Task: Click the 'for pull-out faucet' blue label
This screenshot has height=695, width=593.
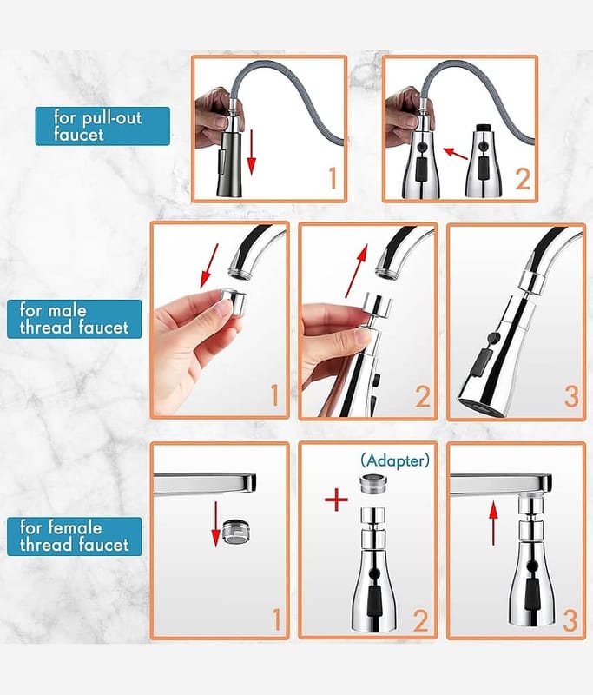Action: click(x=102, y=126)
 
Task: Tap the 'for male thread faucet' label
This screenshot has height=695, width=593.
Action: click(x=75, y=319)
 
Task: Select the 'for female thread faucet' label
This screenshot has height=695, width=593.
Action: click(x=75, y=536)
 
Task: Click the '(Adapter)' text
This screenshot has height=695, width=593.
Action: click(x=395, y=461)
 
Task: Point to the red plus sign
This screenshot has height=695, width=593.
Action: click(x=337, y=500)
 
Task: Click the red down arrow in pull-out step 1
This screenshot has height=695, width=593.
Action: click(x=251, y=152)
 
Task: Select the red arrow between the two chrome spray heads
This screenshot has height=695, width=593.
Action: click(x=456, y=154)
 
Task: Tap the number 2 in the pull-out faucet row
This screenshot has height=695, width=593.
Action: click(x=523, y=179)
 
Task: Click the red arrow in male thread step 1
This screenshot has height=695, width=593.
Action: click(x=209, y=266)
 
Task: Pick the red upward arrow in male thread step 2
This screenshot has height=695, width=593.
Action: click(x=357, y=271)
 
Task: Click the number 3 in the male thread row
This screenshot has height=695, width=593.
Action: click(x=571, y=397)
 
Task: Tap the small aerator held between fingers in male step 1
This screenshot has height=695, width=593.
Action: click(x=234, y=302)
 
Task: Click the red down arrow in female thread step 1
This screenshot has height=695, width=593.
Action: click(x=215, y=524)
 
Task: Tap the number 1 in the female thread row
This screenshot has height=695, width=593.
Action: click(x=276, y=619)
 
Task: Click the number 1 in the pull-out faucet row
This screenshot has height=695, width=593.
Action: click(x=333, y=178)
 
